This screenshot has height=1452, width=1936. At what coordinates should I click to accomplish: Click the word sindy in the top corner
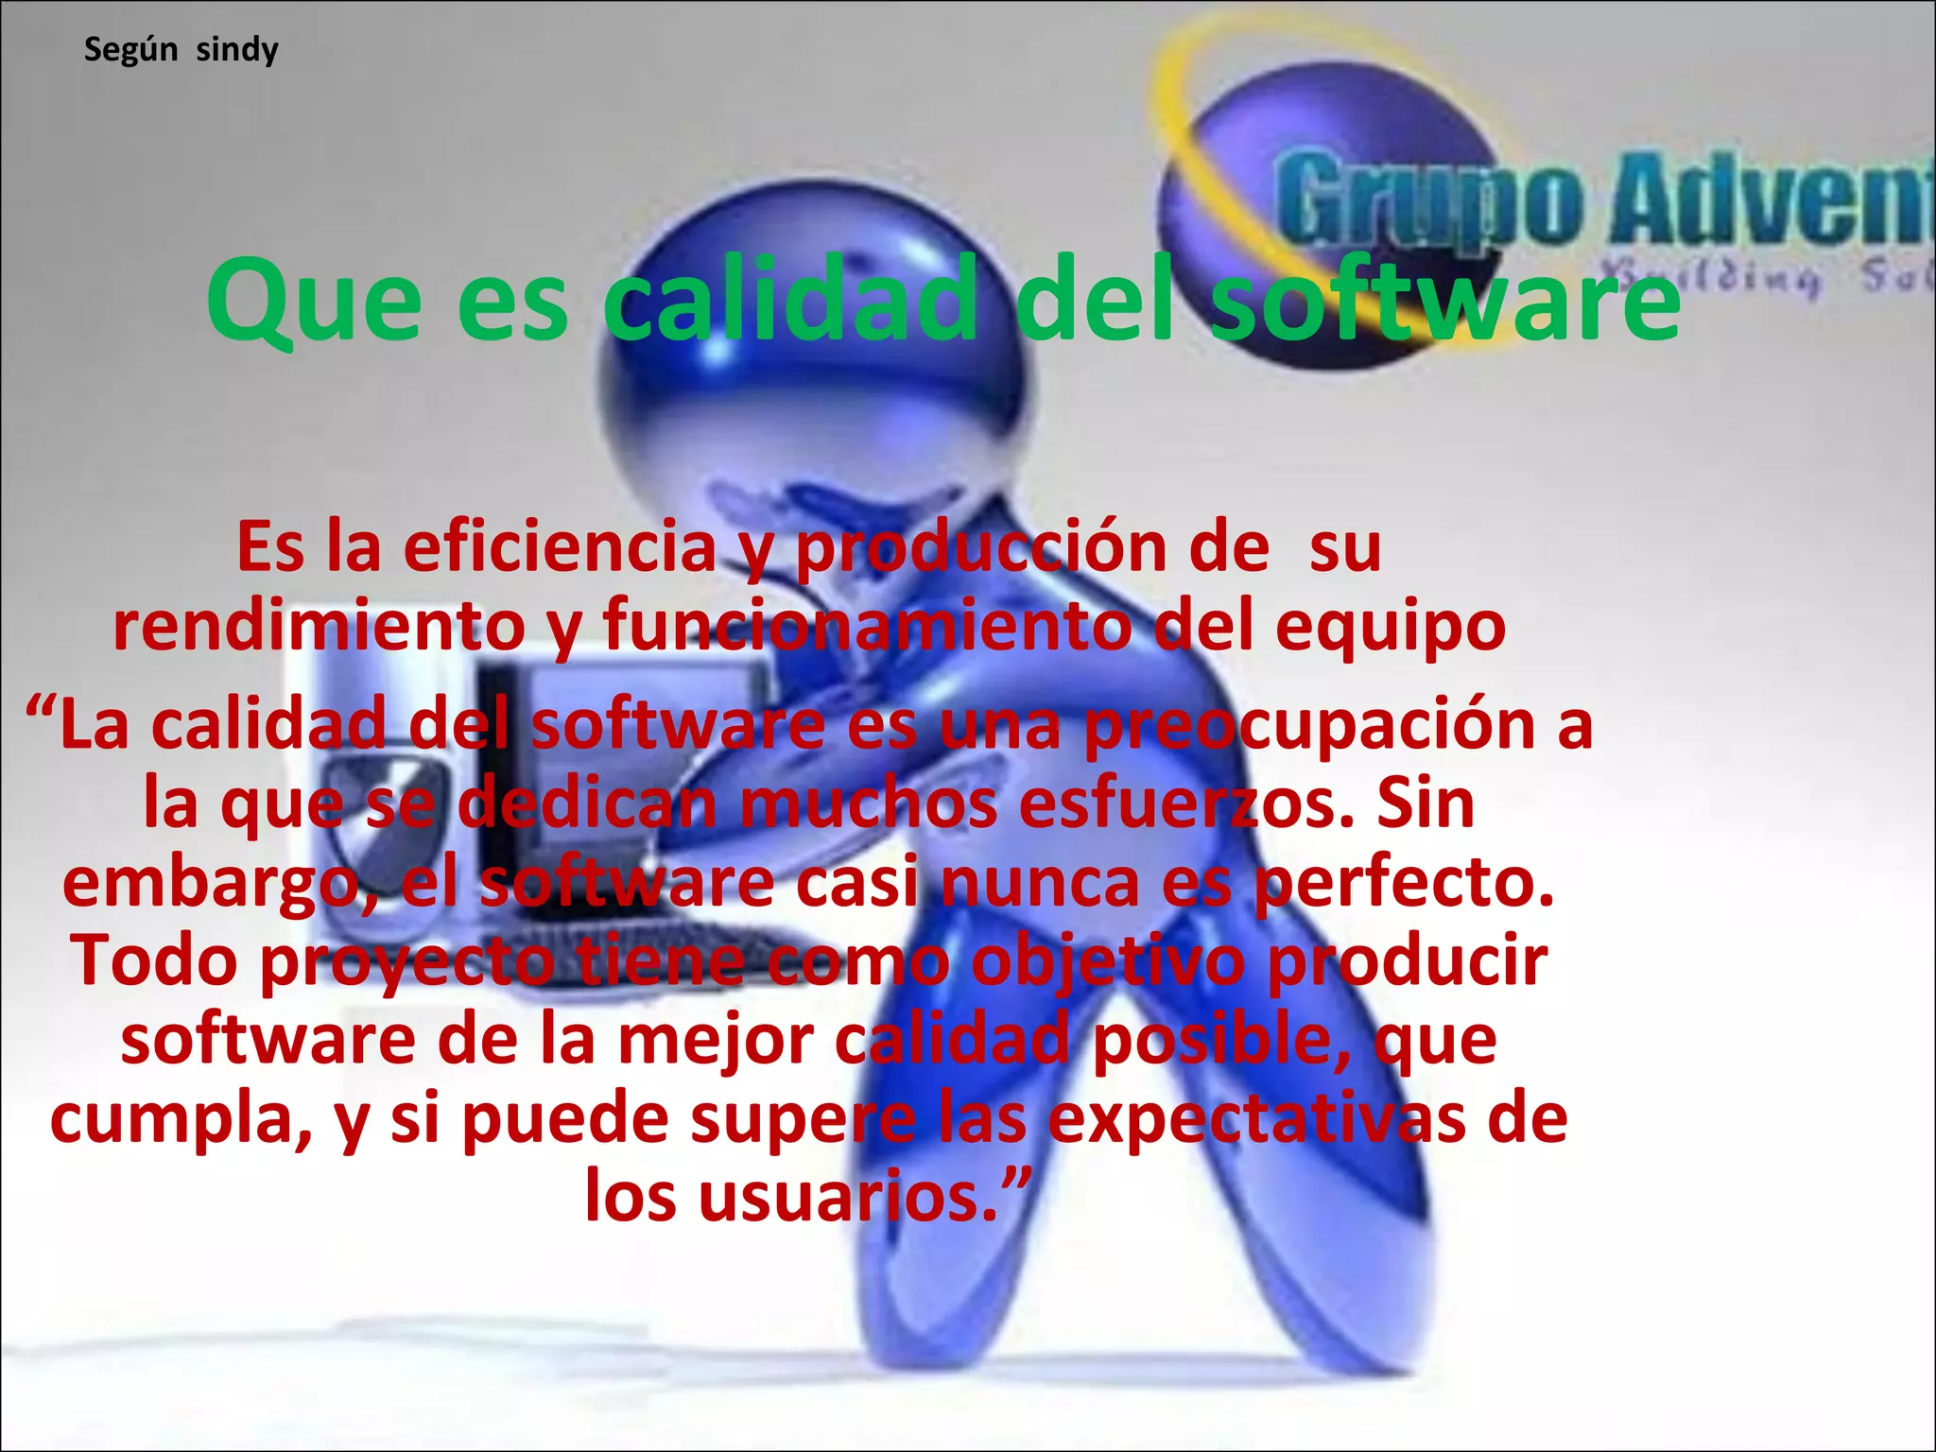[x=236, y=49]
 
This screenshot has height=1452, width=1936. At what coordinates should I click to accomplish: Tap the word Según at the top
[x=130, y=49]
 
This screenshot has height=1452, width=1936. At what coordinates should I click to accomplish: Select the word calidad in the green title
[x=790, y=301]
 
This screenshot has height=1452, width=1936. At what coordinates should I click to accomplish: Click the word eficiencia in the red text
[x=560, y=548]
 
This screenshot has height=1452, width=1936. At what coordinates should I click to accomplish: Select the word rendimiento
[x=319, y=626]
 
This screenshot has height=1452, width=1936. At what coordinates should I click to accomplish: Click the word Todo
[x=155, y=960]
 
